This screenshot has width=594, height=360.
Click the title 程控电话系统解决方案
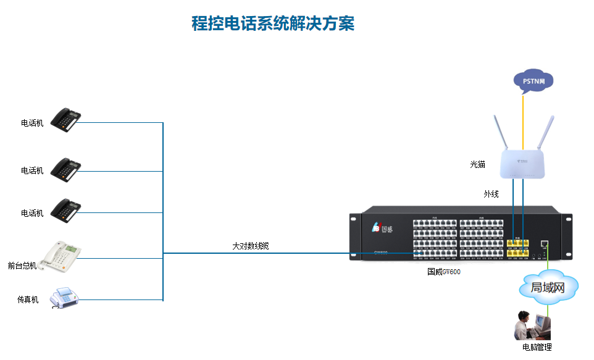(272, 24)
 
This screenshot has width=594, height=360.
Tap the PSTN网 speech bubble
(533, 81)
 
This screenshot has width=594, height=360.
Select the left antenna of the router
(501, 133)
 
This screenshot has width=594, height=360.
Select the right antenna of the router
(545, 132)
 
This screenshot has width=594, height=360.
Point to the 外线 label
(491, 194)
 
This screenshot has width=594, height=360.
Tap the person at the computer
(525, 325)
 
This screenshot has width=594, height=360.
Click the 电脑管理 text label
(537, 348)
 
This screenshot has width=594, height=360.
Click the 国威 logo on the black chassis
(382, 228)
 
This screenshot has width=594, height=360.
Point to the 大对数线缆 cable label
(250, 246)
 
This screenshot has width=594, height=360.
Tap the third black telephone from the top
(65, 210)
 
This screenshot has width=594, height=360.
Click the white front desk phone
(61, 256)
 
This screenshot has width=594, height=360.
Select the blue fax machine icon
(64, 298)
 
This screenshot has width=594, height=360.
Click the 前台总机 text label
(22, 266)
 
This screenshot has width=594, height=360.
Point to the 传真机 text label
(28, 299)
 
